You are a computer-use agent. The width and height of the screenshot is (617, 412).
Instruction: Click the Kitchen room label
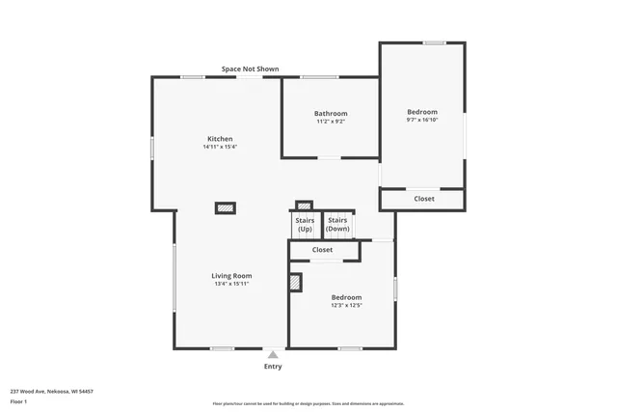pos(220,138)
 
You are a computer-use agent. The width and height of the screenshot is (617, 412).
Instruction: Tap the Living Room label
pos(231,275)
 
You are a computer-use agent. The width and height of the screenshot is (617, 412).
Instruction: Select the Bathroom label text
pos(330,113)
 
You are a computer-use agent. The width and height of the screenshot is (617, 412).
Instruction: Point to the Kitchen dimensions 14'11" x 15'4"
pos(220,148)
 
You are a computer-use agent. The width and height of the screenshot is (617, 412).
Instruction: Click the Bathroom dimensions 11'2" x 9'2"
pos(330,122)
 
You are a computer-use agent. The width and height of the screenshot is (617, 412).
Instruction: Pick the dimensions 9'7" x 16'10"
pos(422,121)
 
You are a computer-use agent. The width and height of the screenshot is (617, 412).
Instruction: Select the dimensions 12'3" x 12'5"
pos(346,306)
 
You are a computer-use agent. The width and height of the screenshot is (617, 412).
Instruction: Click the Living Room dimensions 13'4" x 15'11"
pos(231,284)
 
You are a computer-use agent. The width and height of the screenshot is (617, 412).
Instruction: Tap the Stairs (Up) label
pos(305,225)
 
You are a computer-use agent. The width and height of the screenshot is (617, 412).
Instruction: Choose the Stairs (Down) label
pos(337,225)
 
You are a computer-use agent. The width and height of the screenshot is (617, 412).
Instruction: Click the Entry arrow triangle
pos(273,355)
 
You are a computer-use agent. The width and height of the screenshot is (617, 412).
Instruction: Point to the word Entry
pos(273,367)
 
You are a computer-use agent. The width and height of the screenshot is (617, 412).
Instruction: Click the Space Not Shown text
pos(250,69)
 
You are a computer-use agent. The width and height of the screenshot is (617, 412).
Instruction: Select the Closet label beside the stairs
pos(322,250)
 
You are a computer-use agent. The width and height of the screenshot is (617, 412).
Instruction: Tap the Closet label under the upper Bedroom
pos(424,199)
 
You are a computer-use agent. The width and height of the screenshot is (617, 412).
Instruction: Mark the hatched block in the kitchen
pos(225,207)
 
